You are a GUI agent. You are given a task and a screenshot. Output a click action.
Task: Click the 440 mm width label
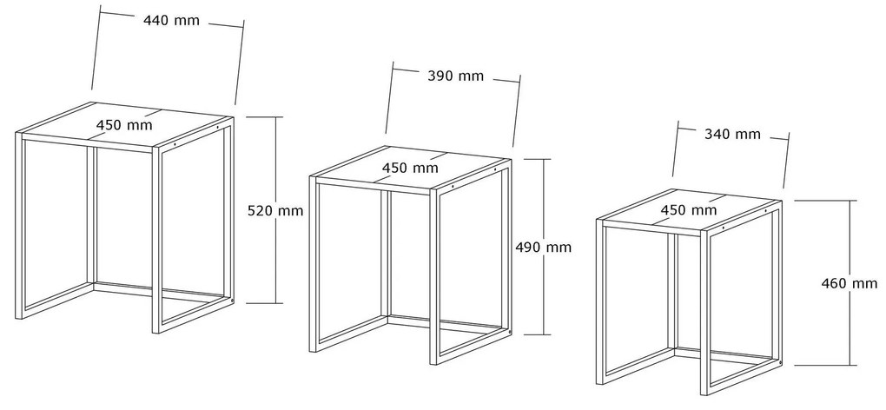(171, 21)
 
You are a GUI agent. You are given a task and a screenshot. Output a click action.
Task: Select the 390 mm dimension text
(455, 76)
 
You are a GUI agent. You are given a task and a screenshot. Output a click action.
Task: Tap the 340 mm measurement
(732, 135)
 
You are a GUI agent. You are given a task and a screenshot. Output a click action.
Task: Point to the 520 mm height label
(275, 211)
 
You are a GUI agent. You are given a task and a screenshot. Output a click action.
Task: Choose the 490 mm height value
(544, 248)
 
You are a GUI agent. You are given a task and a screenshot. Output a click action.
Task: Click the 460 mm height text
(850, 283)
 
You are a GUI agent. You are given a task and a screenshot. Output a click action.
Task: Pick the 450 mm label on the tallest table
(124, 125)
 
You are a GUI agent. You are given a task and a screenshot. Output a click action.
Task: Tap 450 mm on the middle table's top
(410, 168)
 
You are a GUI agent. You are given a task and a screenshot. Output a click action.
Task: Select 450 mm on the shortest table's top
(689, 210)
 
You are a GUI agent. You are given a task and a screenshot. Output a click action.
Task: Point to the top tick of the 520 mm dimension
(264, 117)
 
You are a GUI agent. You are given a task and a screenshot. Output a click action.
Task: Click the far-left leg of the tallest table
(20, 226)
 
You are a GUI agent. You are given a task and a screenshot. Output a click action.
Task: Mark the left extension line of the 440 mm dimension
(96, 48)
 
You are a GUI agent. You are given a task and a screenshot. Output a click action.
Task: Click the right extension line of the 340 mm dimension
(787, 160)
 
